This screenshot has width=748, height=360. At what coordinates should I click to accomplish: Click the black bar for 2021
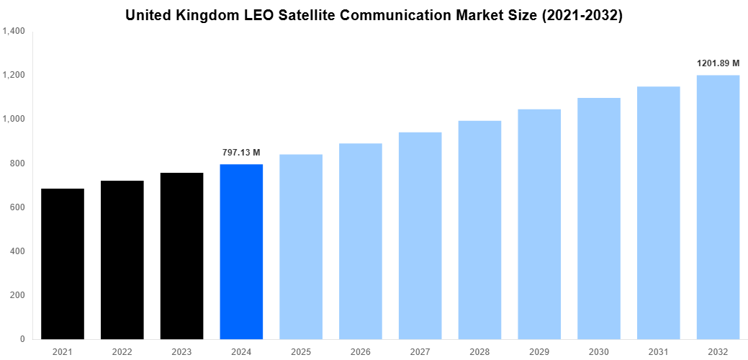click(63, 264)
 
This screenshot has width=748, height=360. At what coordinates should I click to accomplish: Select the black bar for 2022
click(122, 260)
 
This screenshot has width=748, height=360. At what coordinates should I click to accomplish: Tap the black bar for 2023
click(182, 256)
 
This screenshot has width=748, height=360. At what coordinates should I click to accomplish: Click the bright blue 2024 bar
click(241, 251)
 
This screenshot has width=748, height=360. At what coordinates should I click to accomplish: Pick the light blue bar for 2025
click(301, 246)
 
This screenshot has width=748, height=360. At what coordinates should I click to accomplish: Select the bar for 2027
click(420, 235)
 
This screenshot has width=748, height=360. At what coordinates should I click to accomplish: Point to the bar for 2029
click(539, 224)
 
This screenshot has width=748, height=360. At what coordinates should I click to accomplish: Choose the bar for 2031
click(659, 212)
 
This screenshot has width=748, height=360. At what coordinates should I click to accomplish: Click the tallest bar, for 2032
click(718, 207)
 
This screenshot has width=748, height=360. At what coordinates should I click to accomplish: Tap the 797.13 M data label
click(241, 153)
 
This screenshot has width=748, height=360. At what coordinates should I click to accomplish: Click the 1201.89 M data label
click(718, 63)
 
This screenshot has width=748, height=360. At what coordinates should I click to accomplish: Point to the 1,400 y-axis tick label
click(14, 31)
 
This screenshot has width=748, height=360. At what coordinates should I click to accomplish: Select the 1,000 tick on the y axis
click(14, 119)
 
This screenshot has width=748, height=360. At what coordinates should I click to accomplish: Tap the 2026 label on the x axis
click(361, 351)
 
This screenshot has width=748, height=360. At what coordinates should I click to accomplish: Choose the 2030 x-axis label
click(599, 351)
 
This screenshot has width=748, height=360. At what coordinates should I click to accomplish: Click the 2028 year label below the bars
click(480, 351)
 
